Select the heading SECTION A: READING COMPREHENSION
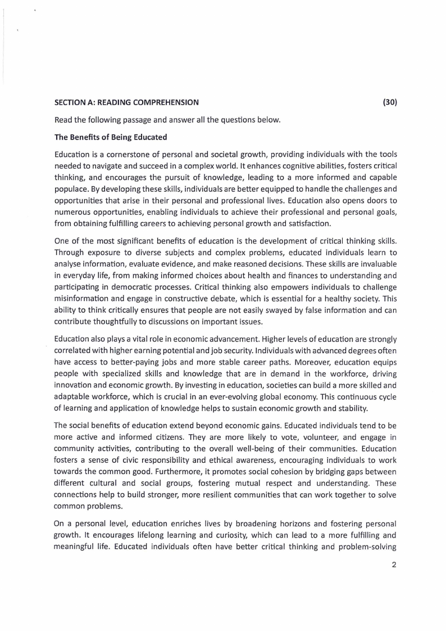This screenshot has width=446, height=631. pos(126,102)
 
